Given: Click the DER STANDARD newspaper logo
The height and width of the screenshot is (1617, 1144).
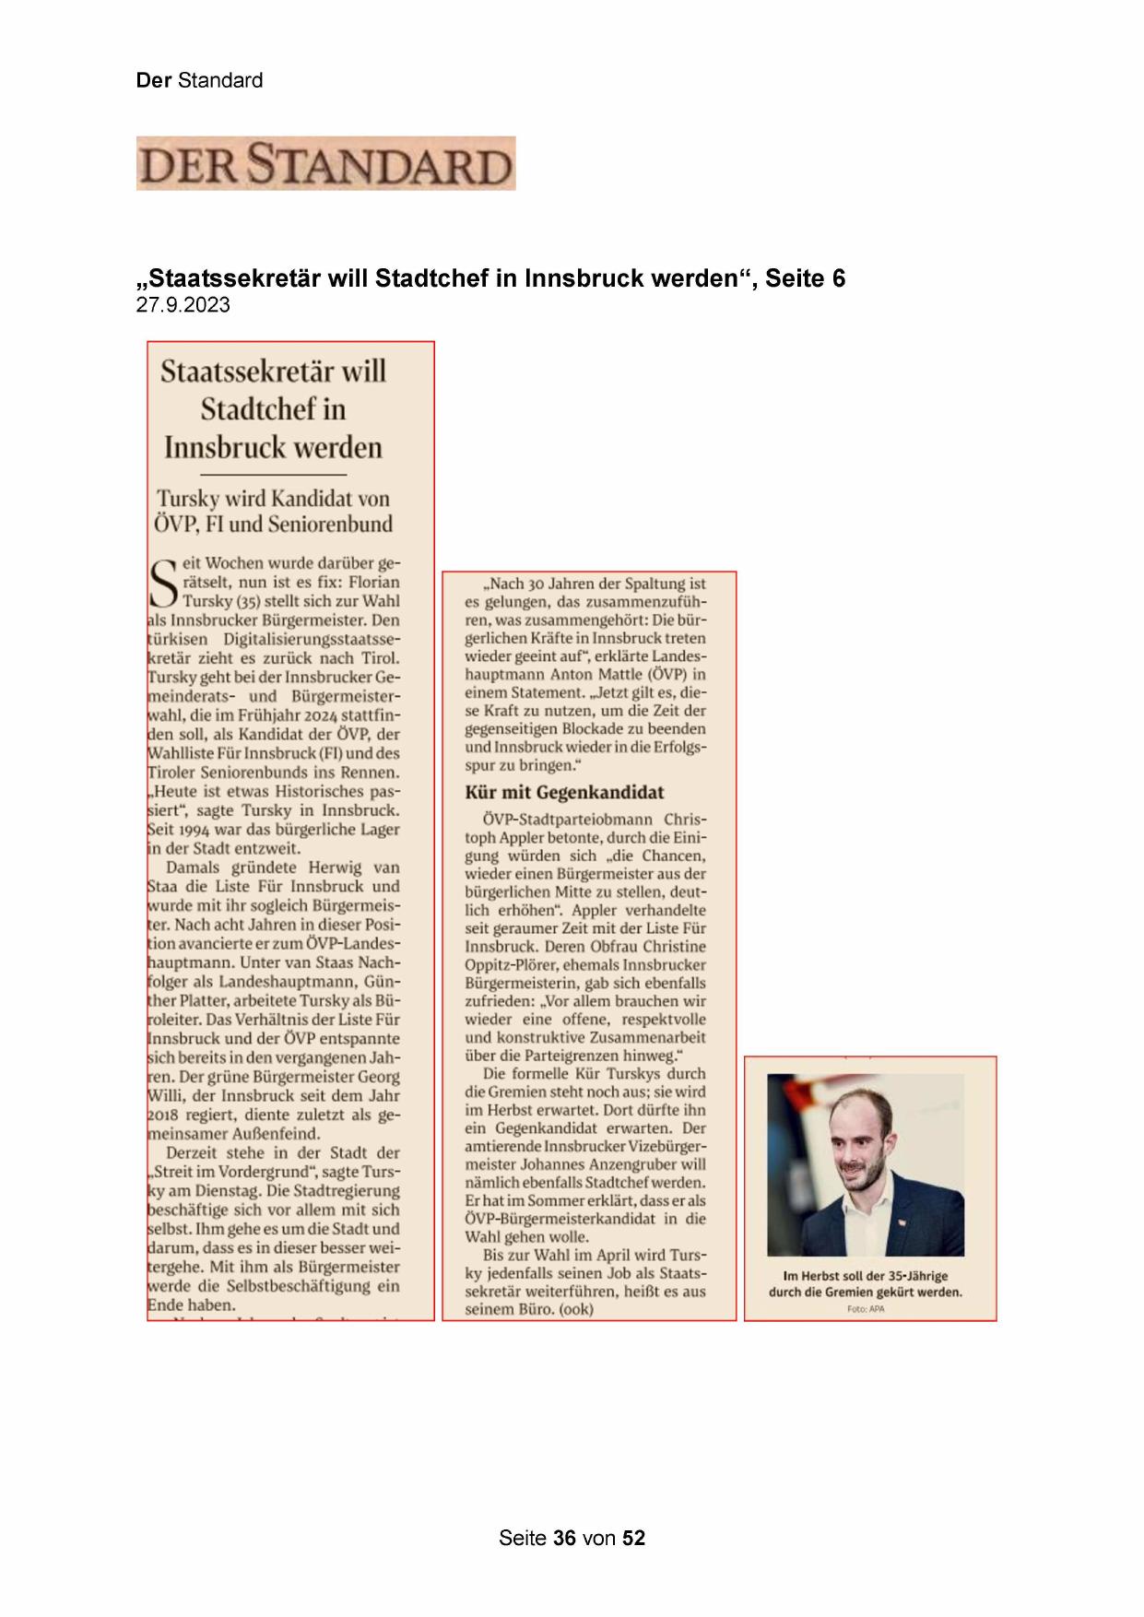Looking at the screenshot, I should [x=325, y=164].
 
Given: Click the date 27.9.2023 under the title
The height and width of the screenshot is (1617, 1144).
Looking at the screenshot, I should [x=183, y=306].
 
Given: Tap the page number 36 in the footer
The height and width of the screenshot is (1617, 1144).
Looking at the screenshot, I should [x=565, y=1538].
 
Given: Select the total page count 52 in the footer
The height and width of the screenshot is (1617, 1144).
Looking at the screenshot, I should [x=634, y=1538].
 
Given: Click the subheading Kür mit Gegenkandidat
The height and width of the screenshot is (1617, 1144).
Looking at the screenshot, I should [x=564, y=792].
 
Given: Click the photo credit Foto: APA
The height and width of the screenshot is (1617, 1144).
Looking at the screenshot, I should [x=865, y=1309].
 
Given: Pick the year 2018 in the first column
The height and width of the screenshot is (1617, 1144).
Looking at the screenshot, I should [x=166, y=1115].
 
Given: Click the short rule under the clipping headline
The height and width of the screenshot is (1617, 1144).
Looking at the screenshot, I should [x=273, y=474].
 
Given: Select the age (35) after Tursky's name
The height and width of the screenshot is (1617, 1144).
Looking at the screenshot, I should [x=243, y=601].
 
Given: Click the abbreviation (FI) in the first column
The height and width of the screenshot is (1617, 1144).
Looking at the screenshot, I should [x=313, y=753].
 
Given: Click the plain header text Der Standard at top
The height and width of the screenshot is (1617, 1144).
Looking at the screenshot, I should [x=199, y=80].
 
